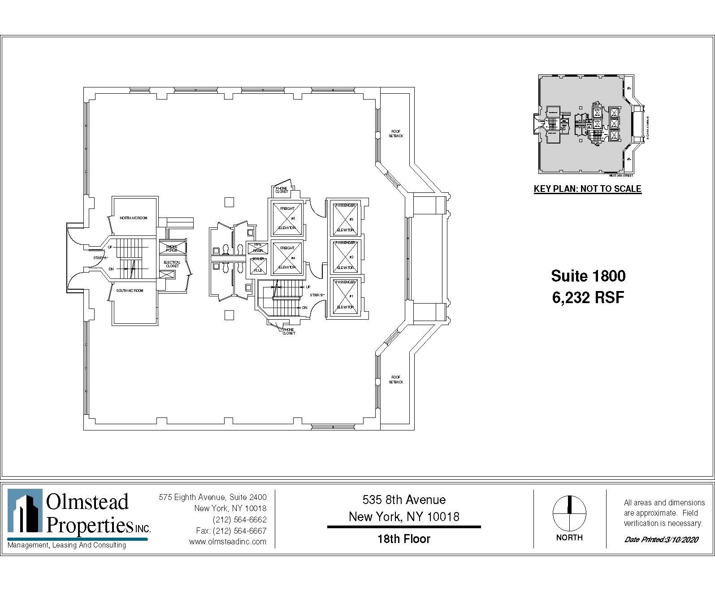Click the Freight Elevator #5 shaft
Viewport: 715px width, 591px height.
tap(287, 218)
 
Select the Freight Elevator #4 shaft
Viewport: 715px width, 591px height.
tap(287, 257)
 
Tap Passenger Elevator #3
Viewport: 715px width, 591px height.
tap(345, 218)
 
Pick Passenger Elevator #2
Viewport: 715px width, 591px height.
tap(345, 256)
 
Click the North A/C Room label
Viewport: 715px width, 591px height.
tap(133, 218)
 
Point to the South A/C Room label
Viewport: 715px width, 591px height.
tap(130, 291)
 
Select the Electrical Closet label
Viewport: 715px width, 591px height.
tap(171, 264)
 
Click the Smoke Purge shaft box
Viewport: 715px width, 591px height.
tap(171, 248)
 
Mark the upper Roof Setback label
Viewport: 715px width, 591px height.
tap(396, 133)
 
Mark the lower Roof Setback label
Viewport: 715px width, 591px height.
tap(396, 379)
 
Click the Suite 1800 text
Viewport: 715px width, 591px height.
tap(588, 275)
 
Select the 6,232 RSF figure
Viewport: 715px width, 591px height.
tap(588, 297)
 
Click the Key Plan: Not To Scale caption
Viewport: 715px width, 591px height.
tap(587, 189)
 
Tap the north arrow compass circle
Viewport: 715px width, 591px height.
tap(569, 513)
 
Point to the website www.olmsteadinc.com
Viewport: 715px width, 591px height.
tap(227, 542)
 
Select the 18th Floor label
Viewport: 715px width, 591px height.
tap(403, 539)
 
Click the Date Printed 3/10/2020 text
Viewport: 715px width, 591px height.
tap(661, 539)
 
